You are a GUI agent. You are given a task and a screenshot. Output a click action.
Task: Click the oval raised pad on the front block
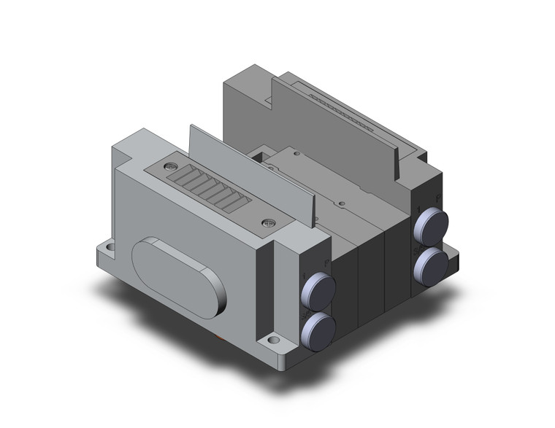coord(179,276)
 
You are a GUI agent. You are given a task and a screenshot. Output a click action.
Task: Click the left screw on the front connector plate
coord(169,167)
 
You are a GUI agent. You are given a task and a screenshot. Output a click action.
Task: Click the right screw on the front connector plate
coord(268,224)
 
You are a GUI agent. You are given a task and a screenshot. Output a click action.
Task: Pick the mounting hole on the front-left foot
coord(110,248)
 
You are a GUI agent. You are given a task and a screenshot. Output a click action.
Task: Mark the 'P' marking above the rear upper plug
coord(437,198)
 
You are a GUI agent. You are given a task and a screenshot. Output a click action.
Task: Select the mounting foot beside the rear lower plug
coord(451,257)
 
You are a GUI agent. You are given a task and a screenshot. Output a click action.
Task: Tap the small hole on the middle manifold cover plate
coord(340,197)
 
